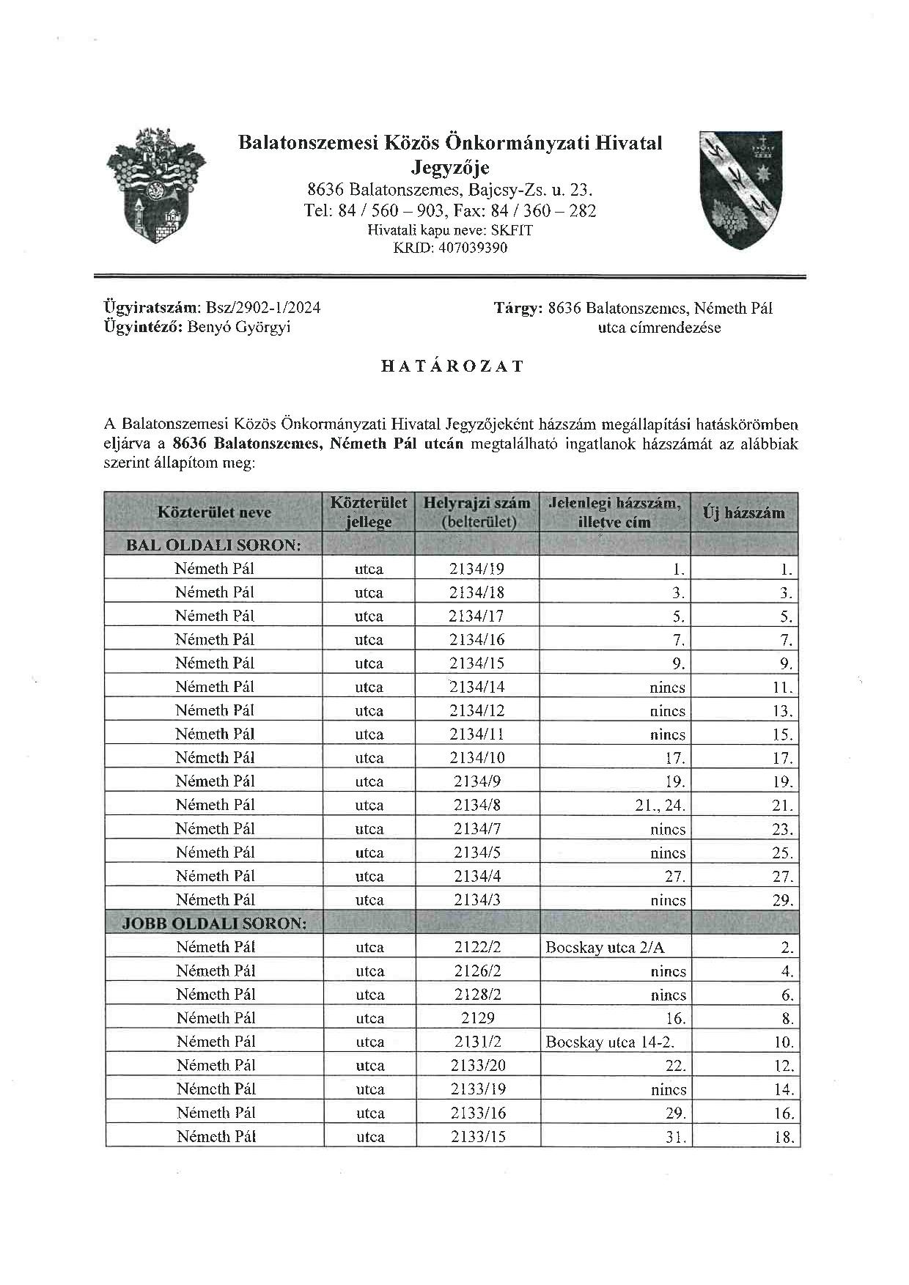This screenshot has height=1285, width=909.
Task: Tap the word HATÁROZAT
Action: click(x=453, y=367)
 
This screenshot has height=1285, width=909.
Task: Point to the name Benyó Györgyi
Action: click(x=239, y=327)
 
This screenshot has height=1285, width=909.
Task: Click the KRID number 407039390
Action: click(x=471, y=248)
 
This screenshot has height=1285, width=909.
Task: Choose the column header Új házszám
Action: click(x=743, y=512)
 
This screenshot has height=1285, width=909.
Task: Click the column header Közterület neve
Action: click(x=214, y=512)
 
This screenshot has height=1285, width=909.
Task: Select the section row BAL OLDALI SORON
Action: click(x=213, y=545)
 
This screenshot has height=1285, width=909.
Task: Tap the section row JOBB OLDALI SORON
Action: click(x=214, y=923)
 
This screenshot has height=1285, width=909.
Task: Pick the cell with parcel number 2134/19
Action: click(x=476, y=568)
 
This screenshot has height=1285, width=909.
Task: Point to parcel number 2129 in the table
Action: click(x=477, y=1018)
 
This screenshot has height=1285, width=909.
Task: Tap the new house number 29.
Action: click(x=782, y=900)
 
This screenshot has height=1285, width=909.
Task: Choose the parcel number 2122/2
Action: click(x=477, y=947)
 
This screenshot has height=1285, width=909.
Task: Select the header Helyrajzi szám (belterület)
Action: click(x=476, y=512)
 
